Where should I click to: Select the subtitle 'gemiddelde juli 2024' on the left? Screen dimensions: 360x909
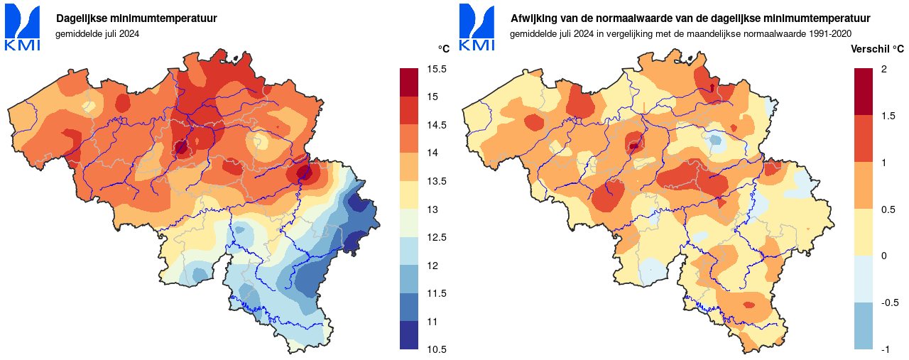coord(97,33)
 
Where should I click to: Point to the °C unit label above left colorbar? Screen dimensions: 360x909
coord(443,49)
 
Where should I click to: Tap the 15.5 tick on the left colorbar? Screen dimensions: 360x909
coord(437,69)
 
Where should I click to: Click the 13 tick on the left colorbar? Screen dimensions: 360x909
coord(432,209)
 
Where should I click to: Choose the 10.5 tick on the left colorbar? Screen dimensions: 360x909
coord(437,349)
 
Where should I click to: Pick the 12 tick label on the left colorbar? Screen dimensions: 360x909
coord(432,266)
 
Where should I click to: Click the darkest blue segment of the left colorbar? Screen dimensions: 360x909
coord(409,335)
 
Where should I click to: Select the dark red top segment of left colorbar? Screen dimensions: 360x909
coord(409,82)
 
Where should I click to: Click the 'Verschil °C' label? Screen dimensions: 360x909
coord(877,49)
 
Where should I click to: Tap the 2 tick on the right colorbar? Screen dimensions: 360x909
coord(883,69)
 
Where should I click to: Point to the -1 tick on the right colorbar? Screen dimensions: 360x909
coord(885,349)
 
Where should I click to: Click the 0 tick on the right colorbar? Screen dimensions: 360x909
coord(883,256)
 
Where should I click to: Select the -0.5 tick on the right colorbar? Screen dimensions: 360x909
coord(889,302)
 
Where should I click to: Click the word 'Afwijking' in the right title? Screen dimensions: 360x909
coord(532,18)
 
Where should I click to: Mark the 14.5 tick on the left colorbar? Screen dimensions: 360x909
coord(437,125)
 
